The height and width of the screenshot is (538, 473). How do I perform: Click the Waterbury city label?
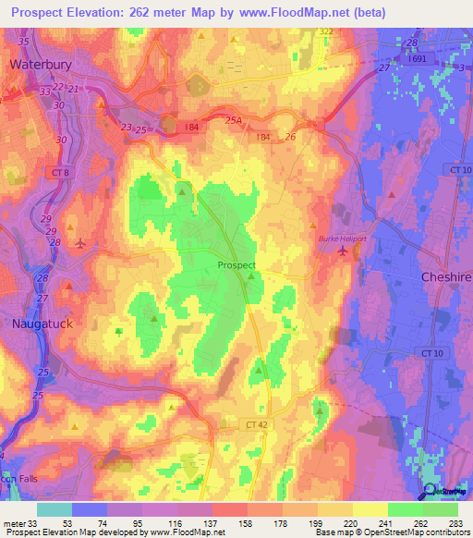[41, 65]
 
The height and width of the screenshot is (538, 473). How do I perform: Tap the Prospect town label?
[236, 265]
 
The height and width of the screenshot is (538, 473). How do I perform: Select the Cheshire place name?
[447, 277]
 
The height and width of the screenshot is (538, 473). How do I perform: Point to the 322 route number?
[325, 32]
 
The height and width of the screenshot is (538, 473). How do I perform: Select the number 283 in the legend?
[456, 524]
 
